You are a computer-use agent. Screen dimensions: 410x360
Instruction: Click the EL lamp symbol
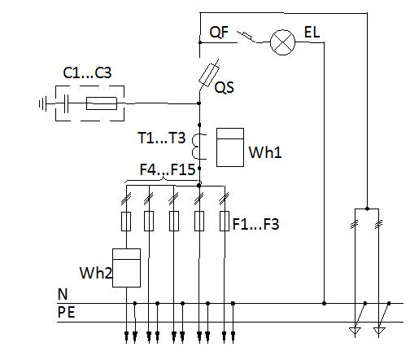pyautogui.click(x=282, y=42)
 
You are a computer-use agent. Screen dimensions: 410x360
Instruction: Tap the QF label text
pyautogui.click(x=219, y=33)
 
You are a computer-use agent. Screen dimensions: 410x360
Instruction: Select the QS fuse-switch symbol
pyautogui.click(x=209, y=75)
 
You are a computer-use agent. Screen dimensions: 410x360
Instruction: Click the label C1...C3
pyautogui.click(x=87, y=72)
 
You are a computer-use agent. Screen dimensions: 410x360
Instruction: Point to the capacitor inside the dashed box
pyautogui.click(x=66, y=103)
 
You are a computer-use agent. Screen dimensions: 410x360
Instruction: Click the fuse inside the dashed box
pyautogui.click(x=102, y=103)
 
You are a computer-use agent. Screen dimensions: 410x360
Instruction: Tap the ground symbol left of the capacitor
pyautogui.click(x=43, y=103)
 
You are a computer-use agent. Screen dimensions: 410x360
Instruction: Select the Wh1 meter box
pyautogui.click(x=230, y=147)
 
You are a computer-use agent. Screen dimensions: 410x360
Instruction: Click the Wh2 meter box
pyautogui.click(x=126, y=268)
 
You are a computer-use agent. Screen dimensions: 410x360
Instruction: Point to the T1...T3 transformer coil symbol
pyautogui.click(x=198, y=147)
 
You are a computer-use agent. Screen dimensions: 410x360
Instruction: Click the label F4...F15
pyautogui.click(x=168, y=169)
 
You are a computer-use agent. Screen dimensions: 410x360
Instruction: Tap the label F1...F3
pyautogui.click(x=255, y=224)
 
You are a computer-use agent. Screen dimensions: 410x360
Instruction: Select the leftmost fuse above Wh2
pyautogui.click(x=126, y=222)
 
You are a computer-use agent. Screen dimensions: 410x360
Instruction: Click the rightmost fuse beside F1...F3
pyautogui.click(x=225, y=222)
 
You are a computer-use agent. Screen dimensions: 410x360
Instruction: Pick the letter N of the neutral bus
pyautogui.click(x=63, y=294)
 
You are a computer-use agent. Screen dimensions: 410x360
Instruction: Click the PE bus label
pyautogui.click(x=66, y=312)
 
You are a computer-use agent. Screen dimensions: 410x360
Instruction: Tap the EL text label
pyautogui.click(x=312, y=33)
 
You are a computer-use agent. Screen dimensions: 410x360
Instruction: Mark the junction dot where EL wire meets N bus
pyautogui.click(x=324, y=303)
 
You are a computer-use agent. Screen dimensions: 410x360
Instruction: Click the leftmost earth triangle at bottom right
pyautogui.click(x=355, y=331)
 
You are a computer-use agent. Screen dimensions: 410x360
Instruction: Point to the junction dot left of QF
pyautogui.click(x=200, y=42)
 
